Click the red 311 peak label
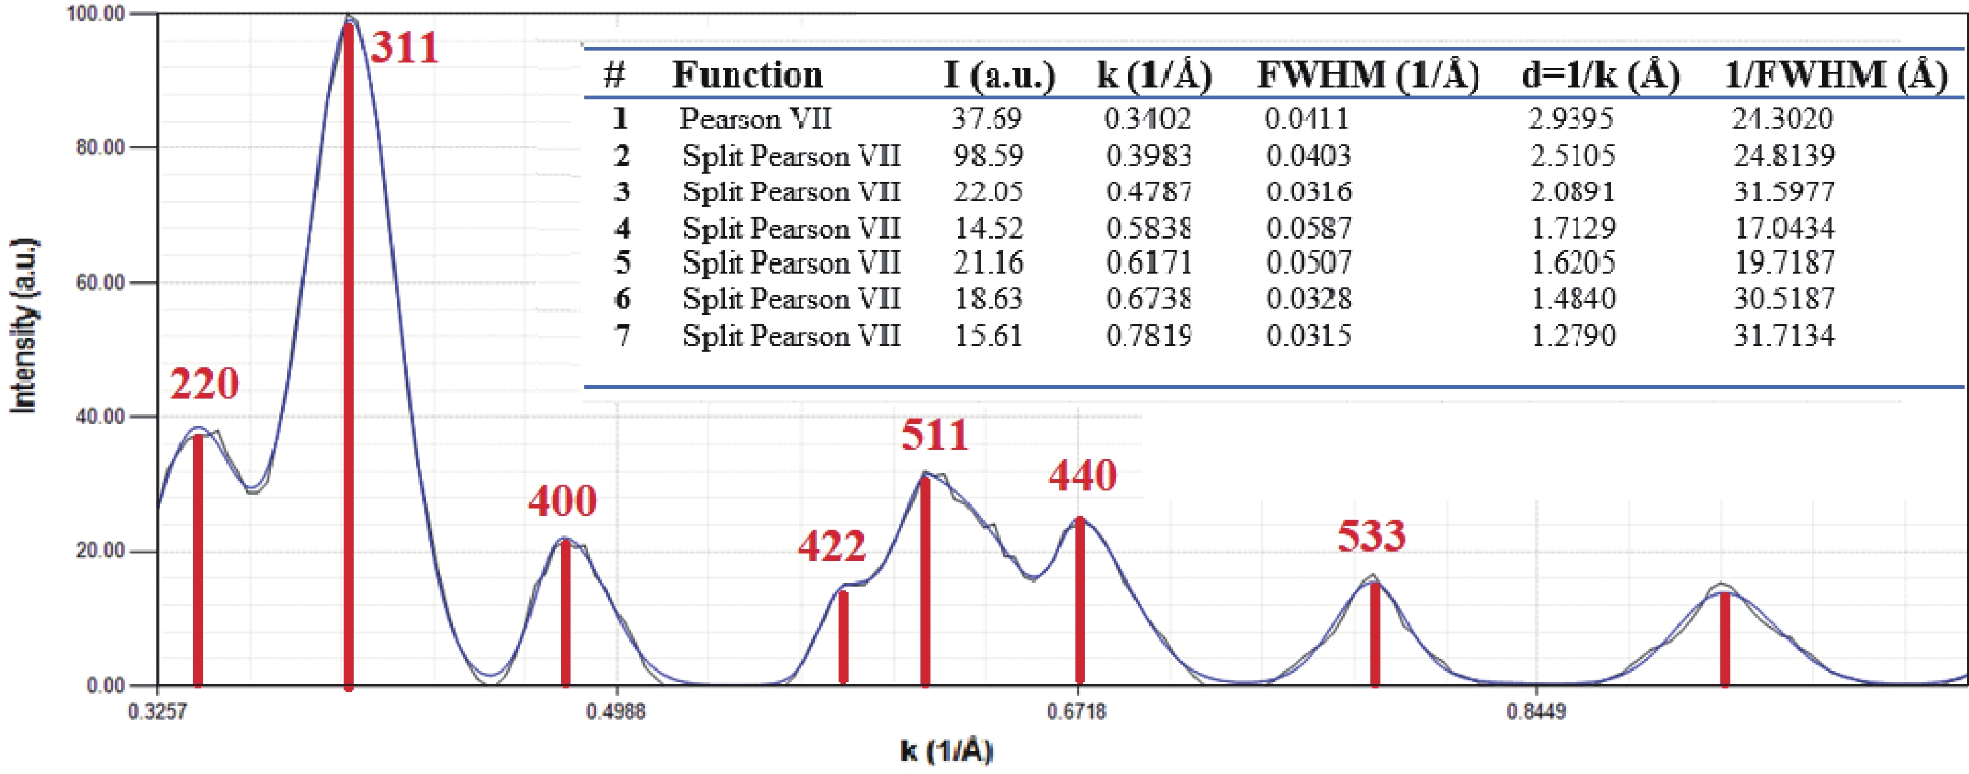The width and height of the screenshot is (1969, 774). tap(405, 47)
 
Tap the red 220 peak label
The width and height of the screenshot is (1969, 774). tap(204, 383)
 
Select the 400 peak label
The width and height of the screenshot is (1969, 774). tap(562, 501)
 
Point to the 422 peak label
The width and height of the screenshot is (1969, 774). tap(832, 545)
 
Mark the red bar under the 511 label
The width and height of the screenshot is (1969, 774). tap(925, 581)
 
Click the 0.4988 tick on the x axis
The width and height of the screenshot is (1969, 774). tap(616, 712)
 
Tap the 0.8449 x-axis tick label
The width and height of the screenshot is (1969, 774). tap(1537, 712)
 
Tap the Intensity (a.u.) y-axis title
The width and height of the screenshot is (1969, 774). tap(24, 326)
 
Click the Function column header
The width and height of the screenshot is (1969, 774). tap(747, 75)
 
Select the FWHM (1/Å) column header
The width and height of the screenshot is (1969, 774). tap(1367, 75)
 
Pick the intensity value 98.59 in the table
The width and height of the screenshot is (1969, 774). tap(987, 156)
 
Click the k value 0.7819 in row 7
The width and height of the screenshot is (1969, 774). tap(1149, 335)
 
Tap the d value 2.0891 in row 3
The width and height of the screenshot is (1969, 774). tap(1572, 191)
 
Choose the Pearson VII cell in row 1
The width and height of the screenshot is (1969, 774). tap(755, 119)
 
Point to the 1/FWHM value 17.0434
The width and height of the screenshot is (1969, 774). tap(1783, 227)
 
